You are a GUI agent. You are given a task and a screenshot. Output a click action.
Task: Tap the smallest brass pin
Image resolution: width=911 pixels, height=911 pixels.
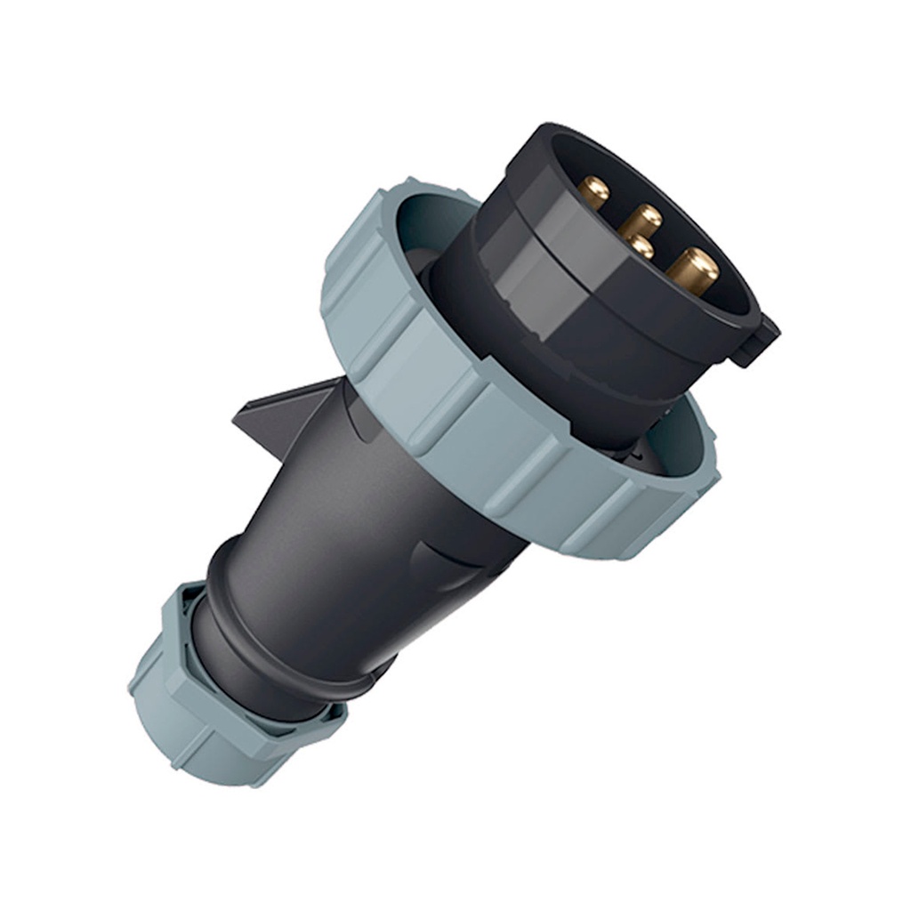640,246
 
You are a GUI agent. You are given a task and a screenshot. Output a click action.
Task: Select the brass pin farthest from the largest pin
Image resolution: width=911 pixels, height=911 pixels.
593,189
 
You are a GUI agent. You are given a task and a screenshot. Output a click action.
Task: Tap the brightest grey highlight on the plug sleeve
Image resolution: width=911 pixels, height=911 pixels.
543,267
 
